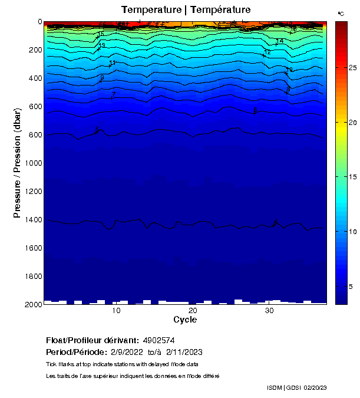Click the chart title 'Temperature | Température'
pos(186,9)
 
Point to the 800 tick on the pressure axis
pos(33,135)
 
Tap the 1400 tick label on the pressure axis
pos(33,220)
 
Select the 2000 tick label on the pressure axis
pos(33,304)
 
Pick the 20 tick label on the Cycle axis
pos(193,311)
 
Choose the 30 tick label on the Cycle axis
pos(269,311)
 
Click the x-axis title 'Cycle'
pos(185,320)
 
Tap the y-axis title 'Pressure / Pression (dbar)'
pos(18,163)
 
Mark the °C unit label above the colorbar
pos(341,13)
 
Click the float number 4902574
pos(159,341)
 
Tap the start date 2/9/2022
pos(128,352)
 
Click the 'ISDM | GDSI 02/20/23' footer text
pos(296,387)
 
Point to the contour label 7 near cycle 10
pos(113,94)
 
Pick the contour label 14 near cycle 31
pos(280,41)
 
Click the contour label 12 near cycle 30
pos(267,52)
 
